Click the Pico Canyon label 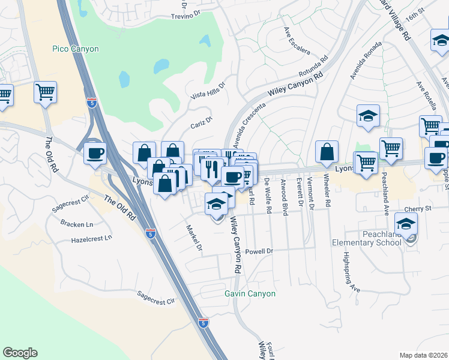(75, 49)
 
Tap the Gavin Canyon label (250, 293)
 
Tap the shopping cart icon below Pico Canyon (45, 92)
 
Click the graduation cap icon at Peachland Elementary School (406, 224)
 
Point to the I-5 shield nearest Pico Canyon (91, 103)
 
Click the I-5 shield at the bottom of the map (203, 323)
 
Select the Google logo (20, 353)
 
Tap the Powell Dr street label (259, 251)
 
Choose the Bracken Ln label (77, 224)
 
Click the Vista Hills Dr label (207, 91)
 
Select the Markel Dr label (193, 238)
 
